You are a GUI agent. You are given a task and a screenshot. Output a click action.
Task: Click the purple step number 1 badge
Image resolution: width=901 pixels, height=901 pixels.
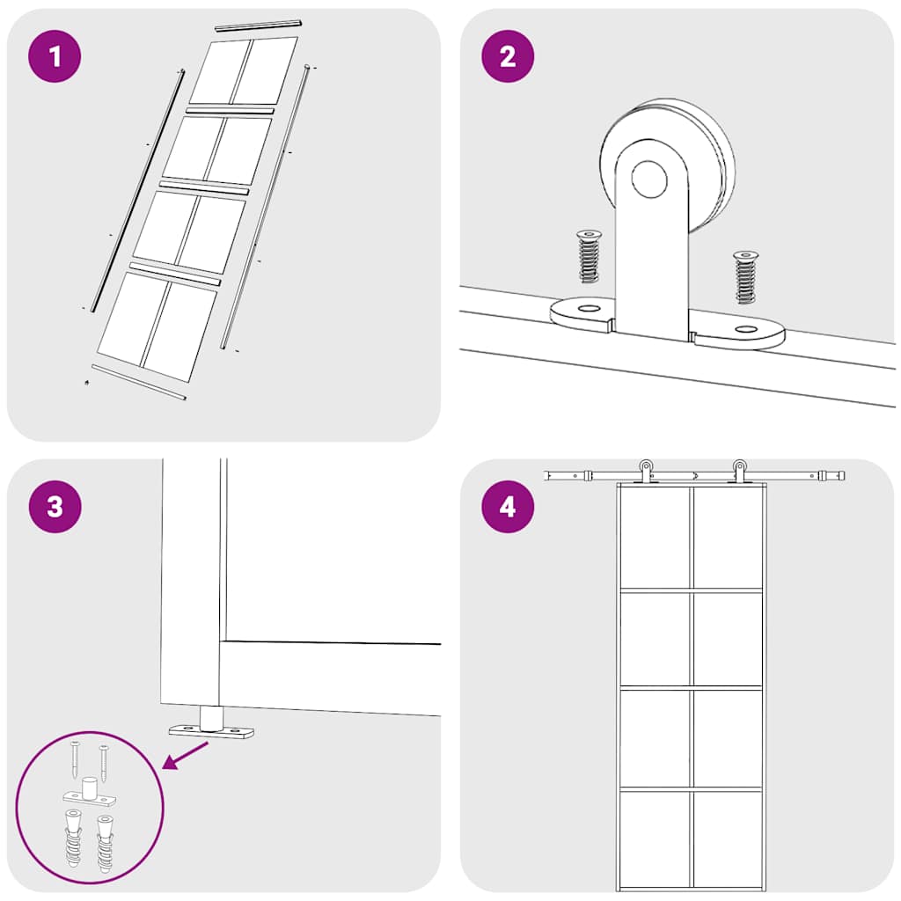[55, 56]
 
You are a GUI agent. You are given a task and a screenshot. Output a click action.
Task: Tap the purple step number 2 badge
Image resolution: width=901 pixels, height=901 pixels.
[508, 56]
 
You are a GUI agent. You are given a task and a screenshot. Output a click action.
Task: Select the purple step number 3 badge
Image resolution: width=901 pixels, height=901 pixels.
[55, 507]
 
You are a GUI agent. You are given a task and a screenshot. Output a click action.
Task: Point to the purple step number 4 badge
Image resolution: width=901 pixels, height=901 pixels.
[508, 507]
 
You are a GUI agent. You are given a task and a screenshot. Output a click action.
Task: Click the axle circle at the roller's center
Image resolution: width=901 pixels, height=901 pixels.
[649, 179]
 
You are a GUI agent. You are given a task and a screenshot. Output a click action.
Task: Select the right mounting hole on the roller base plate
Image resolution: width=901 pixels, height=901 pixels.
[746, 330]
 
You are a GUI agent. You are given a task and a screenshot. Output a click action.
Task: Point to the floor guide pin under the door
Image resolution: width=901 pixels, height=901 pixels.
[210, 717]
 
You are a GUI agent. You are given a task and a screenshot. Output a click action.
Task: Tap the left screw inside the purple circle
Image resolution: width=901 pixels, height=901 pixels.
[75, 759]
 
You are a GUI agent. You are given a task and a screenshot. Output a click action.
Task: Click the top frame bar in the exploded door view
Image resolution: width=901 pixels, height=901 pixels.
[258, 26]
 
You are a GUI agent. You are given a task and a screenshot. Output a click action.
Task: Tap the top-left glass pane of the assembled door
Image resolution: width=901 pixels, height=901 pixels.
[656, 537]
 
